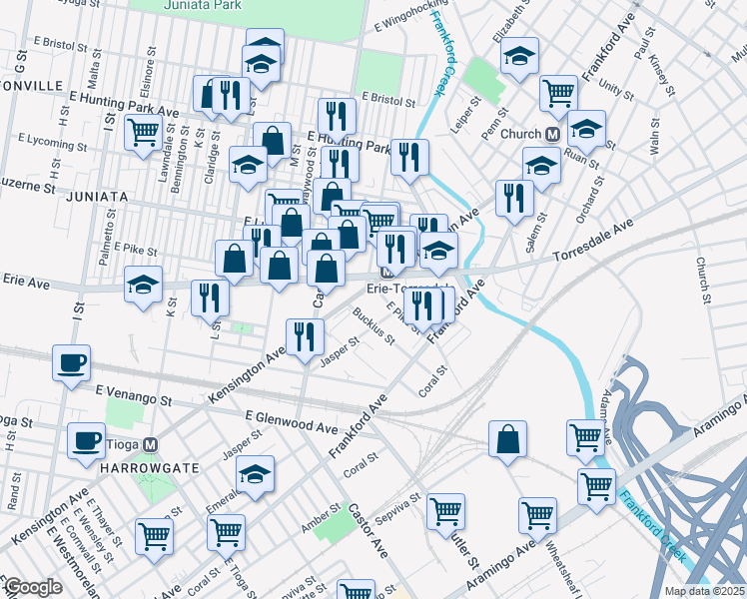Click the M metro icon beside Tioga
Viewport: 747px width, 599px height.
[150, 444]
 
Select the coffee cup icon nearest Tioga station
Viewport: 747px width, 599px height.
[85, 440]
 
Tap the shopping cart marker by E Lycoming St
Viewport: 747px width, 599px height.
[145, 131]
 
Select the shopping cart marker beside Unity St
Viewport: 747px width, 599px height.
[558, 93]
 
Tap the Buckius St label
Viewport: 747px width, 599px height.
[373, 324]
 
